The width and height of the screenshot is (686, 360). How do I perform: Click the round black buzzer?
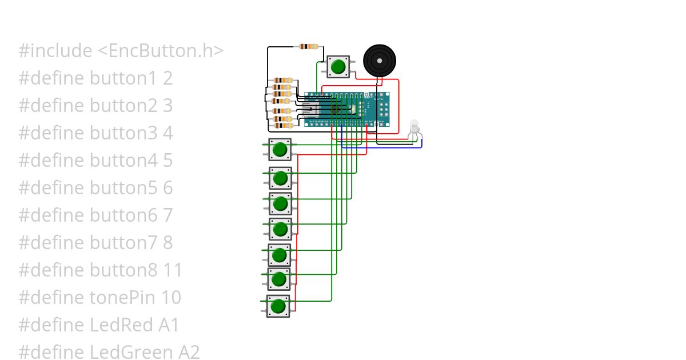(x=380, y=59)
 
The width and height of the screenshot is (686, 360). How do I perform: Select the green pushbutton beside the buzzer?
(x=338, y=66)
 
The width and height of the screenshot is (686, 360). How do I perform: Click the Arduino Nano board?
(x=346, y=109)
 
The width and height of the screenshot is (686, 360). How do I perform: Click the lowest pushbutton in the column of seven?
(x=278, y=306)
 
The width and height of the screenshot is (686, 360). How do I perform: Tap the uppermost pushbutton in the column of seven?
(x=280, y=150)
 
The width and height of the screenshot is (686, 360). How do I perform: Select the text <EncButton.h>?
(x=161, y=51)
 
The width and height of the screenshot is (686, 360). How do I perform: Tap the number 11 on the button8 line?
(x=173, y=270)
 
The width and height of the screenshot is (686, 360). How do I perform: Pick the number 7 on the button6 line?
(x=167, y=215)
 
